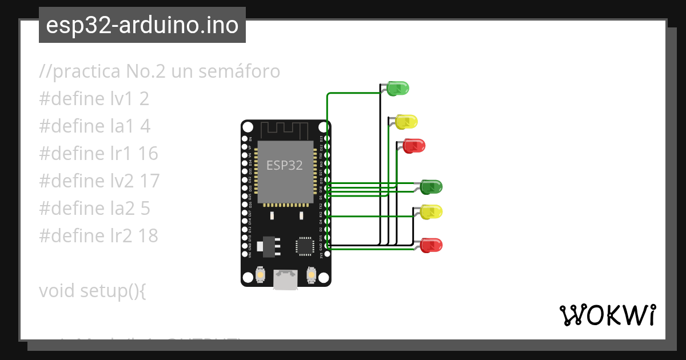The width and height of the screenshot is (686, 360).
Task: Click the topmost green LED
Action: [397, 89]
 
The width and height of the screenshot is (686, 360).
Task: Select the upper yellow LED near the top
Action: [406, 121]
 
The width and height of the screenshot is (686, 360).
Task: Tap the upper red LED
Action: [413, 146]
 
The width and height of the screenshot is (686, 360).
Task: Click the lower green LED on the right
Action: [431, 187]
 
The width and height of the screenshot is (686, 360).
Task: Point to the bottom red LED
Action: [431, 246]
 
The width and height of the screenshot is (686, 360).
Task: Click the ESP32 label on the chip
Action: [285, 165]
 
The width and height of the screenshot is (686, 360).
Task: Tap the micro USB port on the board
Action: [285, 280]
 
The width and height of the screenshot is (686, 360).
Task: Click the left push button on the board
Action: [260, 275]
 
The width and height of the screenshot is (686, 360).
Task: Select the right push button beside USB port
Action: [312, 275]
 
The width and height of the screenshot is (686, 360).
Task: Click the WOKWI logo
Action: [608, 315]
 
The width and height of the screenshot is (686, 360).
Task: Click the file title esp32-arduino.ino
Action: [142, 25]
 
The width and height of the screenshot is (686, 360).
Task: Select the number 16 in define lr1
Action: [147, 154]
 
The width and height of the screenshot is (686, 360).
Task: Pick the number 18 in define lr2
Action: [147, 235]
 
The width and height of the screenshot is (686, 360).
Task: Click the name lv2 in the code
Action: [122, 181]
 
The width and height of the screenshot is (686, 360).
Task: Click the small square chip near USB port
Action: [305, 246]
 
